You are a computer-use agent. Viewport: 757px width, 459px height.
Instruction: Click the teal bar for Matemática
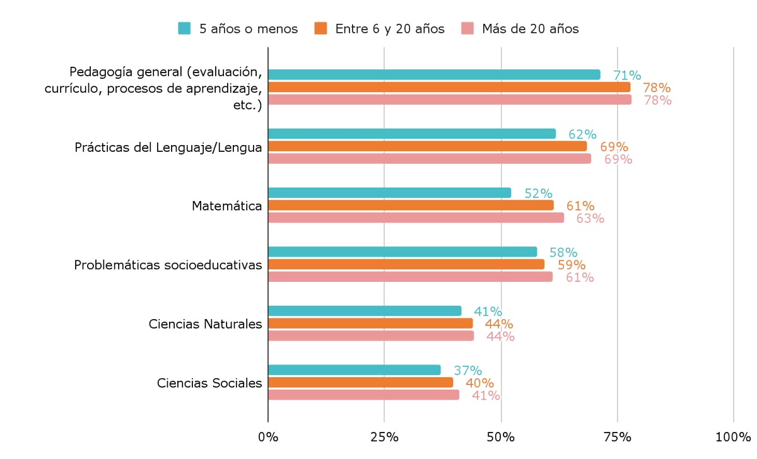tap(389, 193)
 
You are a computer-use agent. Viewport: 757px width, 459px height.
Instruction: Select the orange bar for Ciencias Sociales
tap(360, 383)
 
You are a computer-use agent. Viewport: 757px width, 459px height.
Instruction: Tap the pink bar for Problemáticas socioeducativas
tap(410, 277)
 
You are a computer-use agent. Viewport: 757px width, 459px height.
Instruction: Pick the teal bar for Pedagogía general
tap(434, 74)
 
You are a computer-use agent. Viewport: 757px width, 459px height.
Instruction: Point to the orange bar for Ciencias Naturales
tap(370, 323)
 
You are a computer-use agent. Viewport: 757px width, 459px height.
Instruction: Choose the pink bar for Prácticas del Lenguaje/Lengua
tap(430, 159)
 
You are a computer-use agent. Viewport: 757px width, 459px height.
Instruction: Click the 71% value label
tap(627, 75)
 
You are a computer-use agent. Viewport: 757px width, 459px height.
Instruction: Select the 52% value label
tap(538, 194)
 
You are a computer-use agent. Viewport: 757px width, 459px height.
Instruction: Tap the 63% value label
tap(590, 218)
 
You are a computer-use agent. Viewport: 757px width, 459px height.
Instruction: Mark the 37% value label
tap(467, 371)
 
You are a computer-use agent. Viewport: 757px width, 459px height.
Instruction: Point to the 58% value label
tap(563, 252)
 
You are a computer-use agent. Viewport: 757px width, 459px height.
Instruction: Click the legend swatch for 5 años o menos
tap(184, 28)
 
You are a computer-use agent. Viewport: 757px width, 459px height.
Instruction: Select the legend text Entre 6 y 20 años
tap(389, 28)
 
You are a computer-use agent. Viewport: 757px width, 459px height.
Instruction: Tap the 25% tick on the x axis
tap(384, 437)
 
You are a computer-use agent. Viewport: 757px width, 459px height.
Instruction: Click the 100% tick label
tap(734, 437)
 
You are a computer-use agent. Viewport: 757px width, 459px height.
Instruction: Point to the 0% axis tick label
tap(268, 437)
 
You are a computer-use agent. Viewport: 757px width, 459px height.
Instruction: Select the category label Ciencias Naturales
tap(205, 324)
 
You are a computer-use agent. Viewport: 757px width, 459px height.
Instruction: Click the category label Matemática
tap(226, 206)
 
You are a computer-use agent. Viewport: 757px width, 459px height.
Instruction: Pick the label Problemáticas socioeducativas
tap(168, 265)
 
